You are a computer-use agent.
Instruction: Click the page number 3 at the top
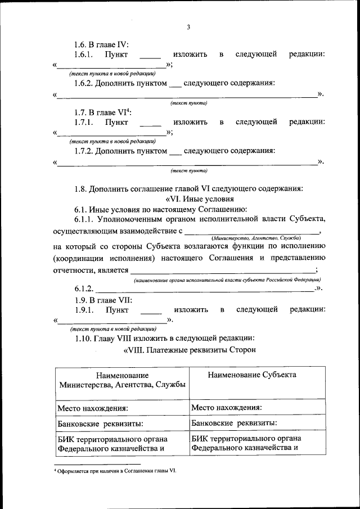coord(189,27)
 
